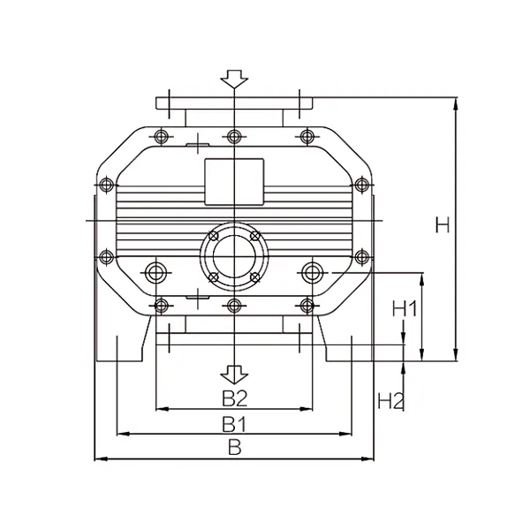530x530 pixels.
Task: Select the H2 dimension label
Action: pos(390,399)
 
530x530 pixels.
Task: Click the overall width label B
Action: pos(234,447)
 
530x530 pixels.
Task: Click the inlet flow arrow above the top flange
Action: pos(233,79)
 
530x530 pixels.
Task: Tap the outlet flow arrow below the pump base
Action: pos(233,373)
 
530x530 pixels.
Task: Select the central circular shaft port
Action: pos(233,256)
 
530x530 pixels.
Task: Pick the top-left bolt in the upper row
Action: pos(160,136)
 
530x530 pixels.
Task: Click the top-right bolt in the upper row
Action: pos(307,136)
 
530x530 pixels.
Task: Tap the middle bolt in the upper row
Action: pos(233,136)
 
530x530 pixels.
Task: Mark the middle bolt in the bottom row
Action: pos(233,306)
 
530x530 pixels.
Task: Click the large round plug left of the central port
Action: pos(157,270)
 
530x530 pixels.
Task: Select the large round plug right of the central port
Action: pos(310,270)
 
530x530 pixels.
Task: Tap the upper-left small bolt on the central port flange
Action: pos(212,236)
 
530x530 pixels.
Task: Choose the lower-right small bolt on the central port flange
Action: pos(254,277)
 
